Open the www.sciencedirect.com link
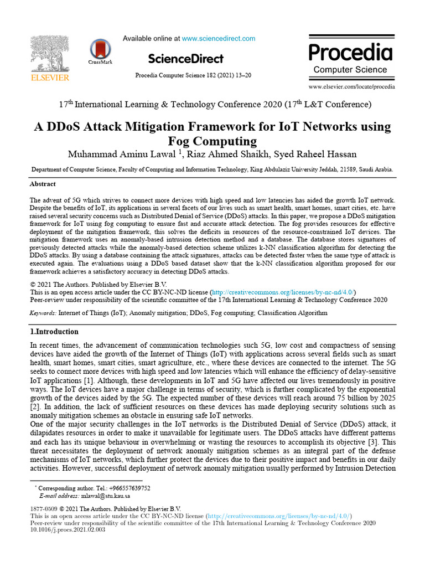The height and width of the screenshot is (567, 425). click(219, 39)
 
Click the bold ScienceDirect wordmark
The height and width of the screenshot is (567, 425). click(186, 59)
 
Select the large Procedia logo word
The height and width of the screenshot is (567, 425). click(350, 53)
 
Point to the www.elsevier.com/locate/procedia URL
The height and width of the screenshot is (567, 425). click(351, 87)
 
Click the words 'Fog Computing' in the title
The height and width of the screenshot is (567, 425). click(212, 141)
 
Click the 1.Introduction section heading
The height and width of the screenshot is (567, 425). click(54, 332)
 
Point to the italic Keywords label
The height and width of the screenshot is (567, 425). click(43, 313)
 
